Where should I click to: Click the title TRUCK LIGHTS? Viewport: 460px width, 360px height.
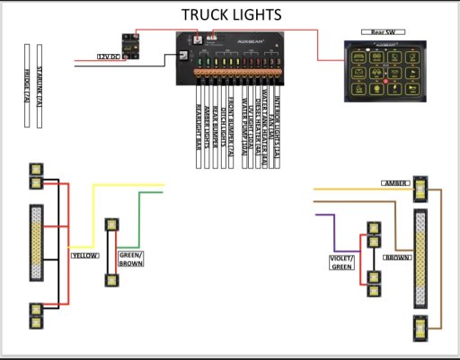click(232, 14)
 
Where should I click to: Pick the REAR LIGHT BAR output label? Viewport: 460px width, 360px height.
click(199, 126)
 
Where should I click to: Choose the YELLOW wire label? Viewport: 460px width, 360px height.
click(84, 255)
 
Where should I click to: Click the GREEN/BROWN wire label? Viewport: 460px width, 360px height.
click(131, 259)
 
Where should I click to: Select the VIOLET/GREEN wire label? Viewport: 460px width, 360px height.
click(341, 261)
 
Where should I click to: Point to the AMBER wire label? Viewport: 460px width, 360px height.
click(394, 182)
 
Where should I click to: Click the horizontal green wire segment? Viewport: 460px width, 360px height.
click(151, 193)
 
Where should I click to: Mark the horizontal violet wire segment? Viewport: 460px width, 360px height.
click(322, 215)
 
